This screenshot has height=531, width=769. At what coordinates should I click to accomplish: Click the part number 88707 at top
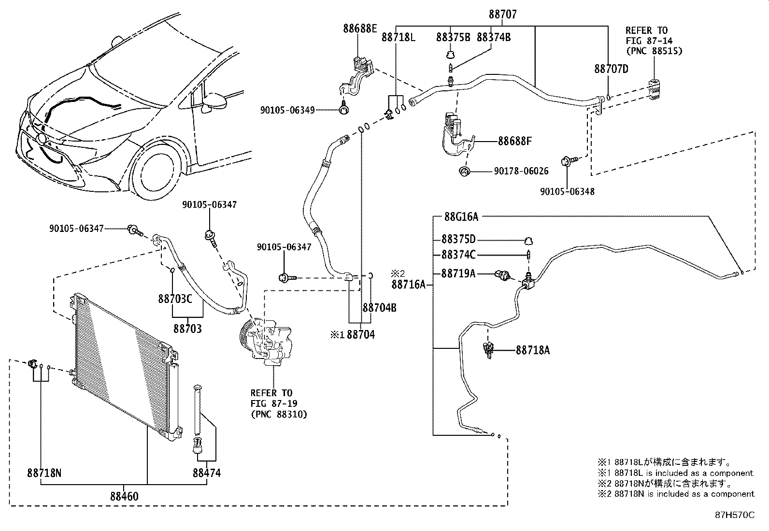[x=502, y=14]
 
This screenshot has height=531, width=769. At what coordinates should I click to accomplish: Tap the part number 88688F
[x=515, y=142]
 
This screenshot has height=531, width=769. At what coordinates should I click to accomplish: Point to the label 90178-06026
[x=521, y=171]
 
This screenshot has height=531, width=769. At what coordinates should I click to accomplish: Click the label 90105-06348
[x=567, y=191]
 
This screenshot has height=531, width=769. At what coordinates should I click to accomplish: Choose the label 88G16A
[x=461, y=217]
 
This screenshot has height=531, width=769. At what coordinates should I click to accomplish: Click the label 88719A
[x=458, y=274]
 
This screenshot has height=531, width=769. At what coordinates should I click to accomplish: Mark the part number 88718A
[x=532, y=349]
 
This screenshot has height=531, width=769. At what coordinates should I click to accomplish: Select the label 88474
[x=207, y=473]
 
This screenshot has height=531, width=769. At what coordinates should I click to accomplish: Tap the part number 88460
[x=124, y=496]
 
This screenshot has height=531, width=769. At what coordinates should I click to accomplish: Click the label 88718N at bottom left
[x=44, y=473]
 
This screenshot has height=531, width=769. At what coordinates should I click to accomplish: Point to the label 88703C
[x=175, y=299]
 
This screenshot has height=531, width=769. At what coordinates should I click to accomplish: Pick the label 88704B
[x=379, y=307]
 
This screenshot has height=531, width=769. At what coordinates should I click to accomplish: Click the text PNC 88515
[x=654, y=51]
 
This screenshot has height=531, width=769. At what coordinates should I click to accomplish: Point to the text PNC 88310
[x=279, y=414]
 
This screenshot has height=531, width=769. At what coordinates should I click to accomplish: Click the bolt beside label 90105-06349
[x=343, y=110]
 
